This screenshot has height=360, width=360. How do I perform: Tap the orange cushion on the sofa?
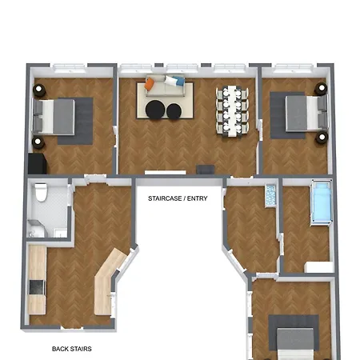(x=150, y=83)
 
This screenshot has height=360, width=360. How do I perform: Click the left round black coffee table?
(x=154, y=110)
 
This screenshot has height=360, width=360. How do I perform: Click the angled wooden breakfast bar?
(x=107, y=280)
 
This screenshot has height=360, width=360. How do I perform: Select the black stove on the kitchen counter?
(x=35, y=286)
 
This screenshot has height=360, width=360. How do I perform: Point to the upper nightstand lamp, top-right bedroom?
(x=322, y=88)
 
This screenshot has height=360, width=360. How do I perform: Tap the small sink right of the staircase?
(x=270, y=193)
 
